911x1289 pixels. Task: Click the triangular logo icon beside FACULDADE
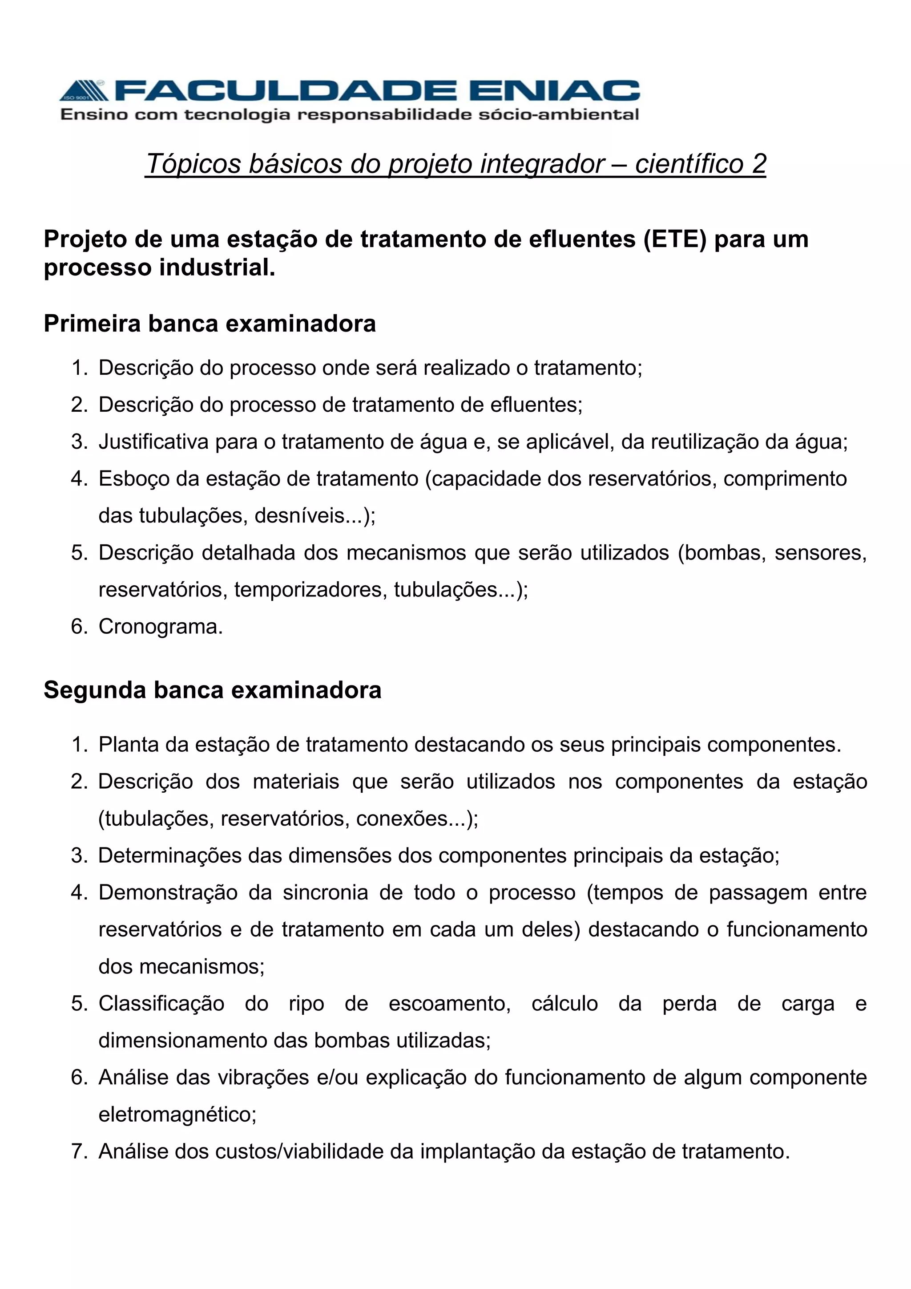click(83, 90)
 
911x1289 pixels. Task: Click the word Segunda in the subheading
click(95, 690)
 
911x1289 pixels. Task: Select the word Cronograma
click(161, 627)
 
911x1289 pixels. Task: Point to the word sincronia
click(325, 893)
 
